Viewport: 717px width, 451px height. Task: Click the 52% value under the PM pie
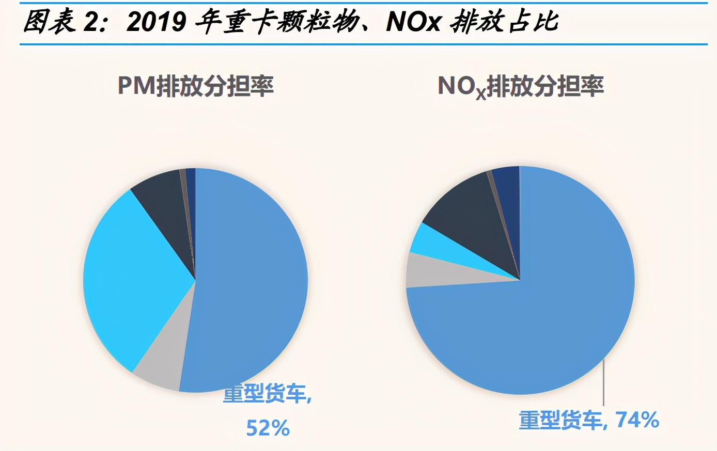(x=268, y=428)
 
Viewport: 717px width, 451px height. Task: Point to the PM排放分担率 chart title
(x=196, y=86)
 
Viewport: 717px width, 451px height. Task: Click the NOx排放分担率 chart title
(x=521, y=86)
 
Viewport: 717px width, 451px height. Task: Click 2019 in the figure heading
(x=156, y=22)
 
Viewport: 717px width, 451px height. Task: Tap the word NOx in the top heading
(x=413, y=22)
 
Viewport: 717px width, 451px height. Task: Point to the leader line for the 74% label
(x=603, y=384)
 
